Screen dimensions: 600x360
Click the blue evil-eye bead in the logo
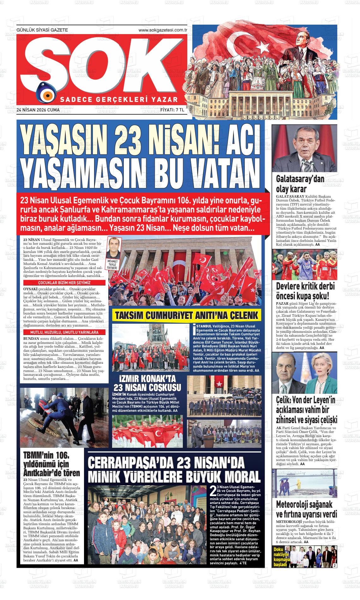47,95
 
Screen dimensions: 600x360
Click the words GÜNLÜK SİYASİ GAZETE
42,30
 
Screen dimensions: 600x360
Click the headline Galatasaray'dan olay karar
296,184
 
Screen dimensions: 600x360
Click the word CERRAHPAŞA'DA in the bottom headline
130,463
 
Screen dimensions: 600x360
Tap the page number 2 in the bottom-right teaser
334,565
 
